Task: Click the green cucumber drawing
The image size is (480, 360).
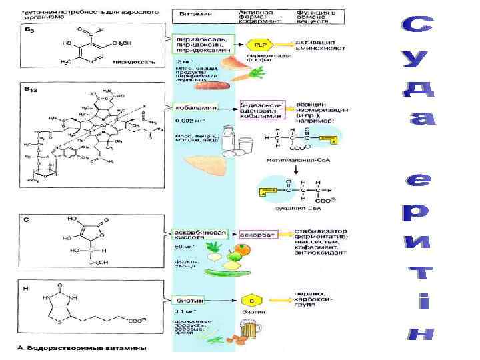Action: pos(225,273)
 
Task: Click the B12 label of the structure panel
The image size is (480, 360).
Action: pos(31,88)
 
